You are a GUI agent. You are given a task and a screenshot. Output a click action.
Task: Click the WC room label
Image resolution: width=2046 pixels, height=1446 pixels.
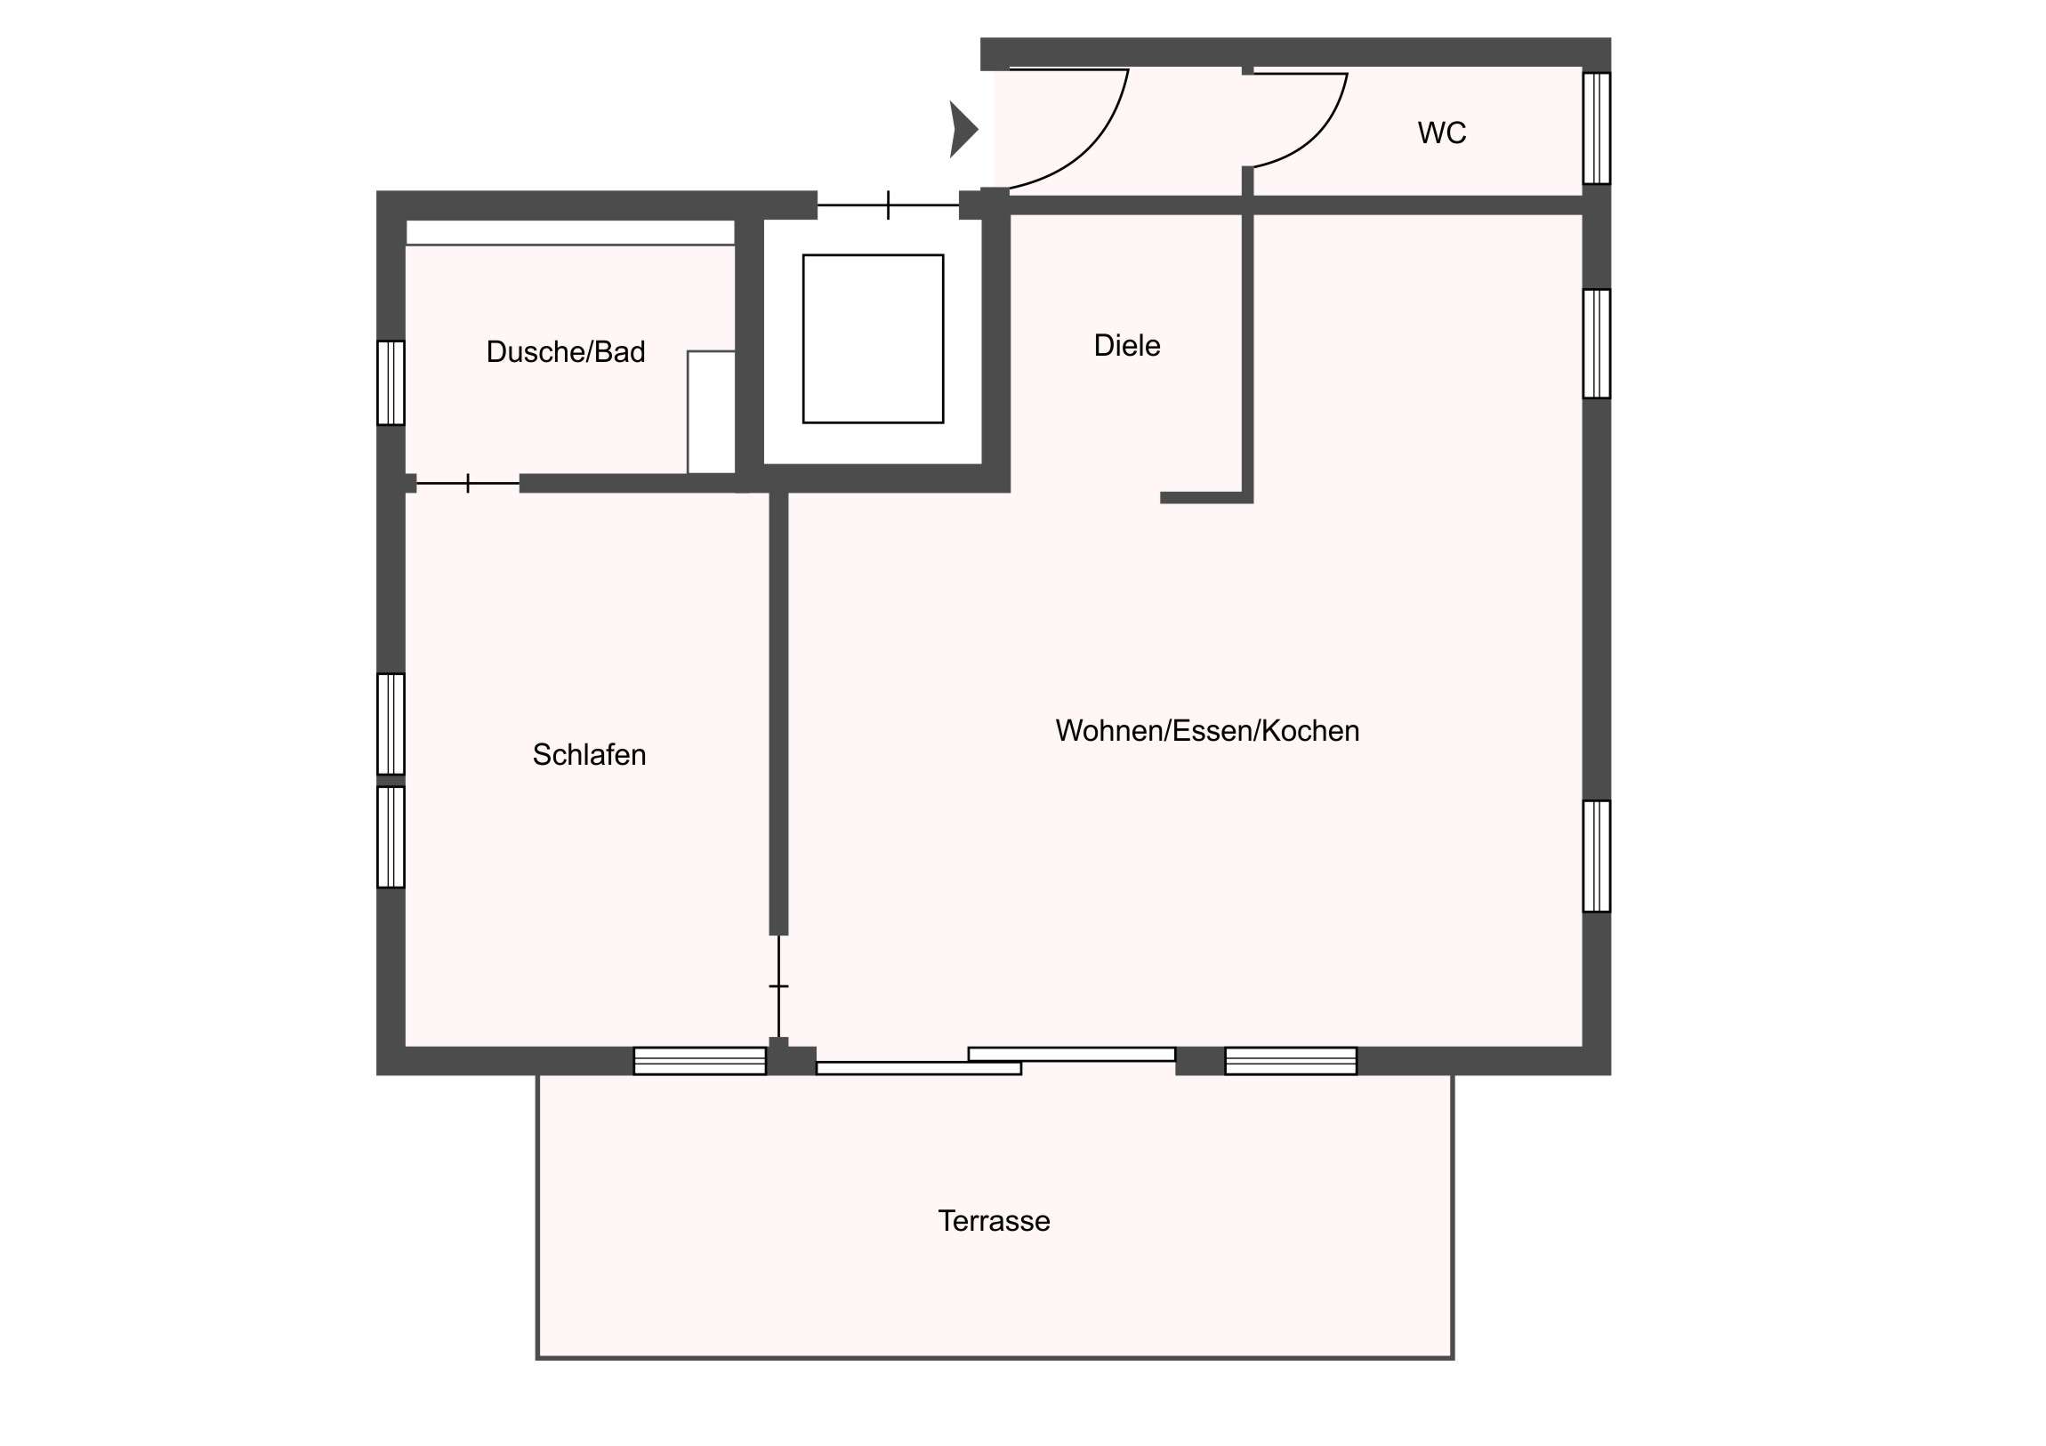[x=1441, y=133]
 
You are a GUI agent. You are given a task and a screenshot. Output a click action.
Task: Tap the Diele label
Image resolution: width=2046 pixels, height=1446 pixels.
[x=1126, y=346]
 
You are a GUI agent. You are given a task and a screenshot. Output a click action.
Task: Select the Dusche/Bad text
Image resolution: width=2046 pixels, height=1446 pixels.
[x=565, y=352]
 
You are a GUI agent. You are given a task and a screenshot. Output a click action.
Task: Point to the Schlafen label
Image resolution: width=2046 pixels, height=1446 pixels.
[x=589, y=755]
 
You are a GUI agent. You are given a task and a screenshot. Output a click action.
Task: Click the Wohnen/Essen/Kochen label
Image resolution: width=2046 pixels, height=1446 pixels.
[x=1206, y=731]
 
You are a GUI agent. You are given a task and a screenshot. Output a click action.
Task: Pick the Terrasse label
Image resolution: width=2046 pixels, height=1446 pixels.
[x=994, y=1221]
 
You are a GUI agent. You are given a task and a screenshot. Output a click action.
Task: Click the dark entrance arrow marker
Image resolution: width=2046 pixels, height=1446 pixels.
[x=963, y=130]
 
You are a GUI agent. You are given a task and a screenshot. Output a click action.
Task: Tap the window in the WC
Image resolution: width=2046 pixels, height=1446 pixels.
[x=1596, y=128]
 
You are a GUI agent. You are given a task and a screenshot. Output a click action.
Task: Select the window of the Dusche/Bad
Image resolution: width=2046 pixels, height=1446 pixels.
[x=391, y=382]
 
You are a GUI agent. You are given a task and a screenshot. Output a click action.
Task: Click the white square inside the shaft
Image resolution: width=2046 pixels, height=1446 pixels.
[x=873, y=339]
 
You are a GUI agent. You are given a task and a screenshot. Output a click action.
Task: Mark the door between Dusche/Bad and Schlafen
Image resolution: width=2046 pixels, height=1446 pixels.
[x=468, y=483]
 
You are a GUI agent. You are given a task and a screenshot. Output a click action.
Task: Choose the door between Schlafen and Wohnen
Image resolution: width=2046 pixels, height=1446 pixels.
[x=779, y=985]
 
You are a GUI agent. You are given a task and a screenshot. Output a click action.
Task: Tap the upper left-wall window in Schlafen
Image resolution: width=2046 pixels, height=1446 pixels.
[x=391, y=724]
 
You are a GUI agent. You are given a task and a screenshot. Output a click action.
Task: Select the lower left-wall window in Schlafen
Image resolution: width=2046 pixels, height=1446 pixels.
[x=391, y=837]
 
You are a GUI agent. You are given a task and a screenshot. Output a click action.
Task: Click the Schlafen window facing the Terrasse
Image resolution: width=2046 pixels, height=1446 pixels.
[x=699, y=1060]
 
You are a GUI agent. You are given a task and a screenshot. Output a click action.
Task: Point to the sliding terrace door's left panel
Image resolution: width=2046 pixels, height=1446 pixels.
[x=919, y=1068]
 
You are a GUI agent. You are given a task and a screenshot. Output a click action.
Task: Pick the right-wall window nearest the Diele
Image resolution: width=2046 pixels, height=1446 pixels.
[x=1596, y=343]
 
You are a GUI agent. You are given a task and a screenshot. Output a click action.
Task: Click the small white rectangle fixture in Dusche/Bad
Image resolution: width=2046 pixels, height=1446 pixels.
[x=711, y=412]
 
